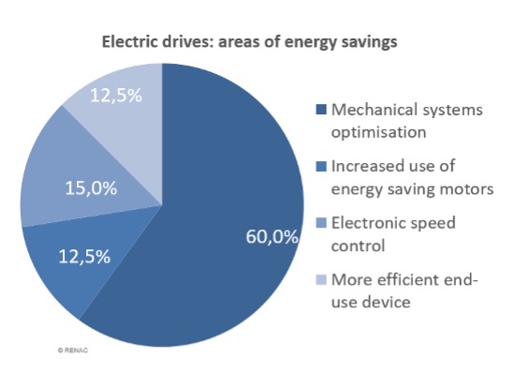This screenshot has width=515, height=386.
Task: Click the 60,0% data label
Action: tap(272, 237)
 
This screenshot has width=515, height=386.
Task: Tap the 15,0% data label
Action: tap(91, 188)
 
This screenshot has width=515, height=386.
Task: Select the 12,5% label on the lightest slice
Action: tap(116, 96)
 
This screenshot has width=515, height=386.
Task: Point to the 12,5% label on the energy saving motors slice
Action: tap(84, 257)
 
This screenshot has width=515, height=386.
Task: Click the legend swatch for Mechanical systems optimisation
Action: tap(321, 110)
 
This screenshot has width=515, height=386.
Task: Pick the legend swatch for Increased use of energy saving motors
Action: tap(321, 166)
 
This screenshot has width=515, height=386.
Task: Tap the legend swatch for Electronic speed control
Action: tap(321, 223)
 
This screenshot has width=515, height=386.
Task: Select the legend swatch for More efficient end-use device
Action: tap(321, 280)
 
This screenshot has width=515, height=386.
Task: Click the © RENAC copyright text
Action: tap(73, 350)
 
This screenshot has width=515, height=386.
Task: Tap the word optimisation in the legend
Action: tap(378, 133)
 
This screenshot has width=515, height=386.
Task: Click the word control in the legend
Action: tap(358, 245)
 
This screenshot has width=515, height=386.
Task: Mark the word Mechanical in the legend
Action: tap(375, 110)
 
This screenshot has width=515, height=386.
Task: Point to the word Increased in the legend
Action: tap(362, 166)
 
